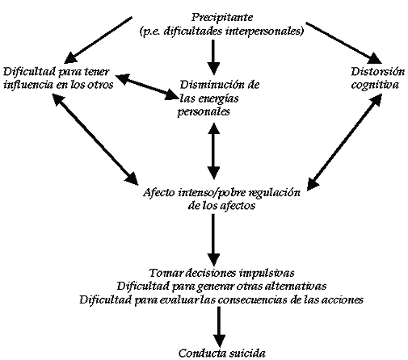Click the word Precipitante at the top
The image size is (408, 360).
click(222, 18)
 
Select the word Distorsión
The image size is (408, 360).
click(378, 72)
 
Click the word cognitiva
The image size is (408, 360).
click(375, 85)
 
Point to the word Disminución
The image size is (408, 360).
click(213, 85)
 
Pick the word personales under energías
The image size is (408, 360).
click(204, 111)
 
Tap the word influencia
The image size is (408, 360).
click(28, 85)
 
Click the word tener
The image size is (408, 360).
click(97, 72)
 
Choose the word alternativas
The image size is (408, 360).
click(295, 286)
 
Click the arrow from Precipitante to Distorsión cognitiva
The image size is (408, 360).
click(344, 43)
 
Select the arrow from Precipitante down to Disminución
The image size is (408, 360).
click(213, 57)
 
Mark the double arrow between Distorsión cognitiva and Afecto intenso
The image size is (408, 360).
click(344, 142)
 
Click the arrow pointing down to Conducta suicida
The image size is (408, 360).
click(219, 327)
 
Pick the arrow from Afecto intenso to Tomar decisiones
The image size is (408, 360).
click(213, 240)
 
